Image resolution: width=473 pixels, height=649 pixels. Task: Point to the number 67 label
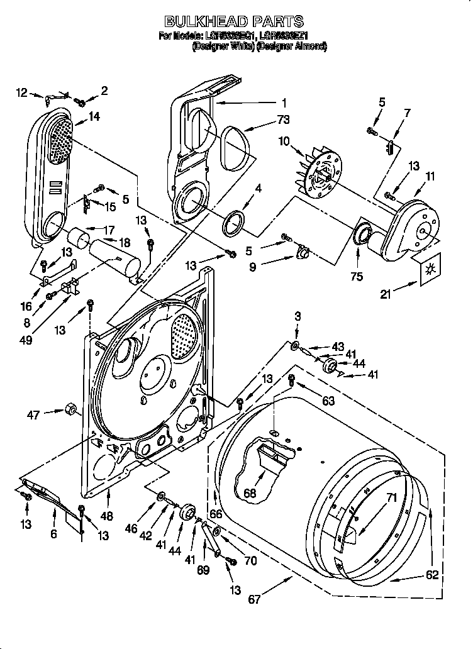[x=254, y=599]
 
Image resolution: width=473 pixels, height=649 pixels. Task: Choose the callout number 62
[x=431, y=574]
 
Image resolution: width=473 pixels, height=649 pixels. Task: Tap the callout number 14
[x=94, y=116]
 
